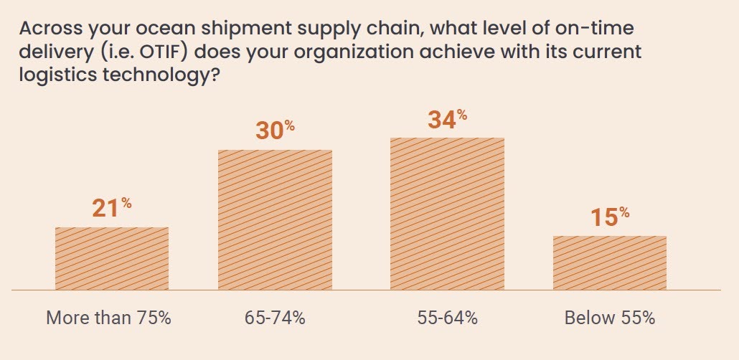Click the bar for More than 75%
112,259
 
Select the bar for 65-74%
275,220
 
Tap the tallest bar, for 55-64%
447,214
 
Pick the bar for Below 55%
609,263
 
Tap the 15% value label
609,217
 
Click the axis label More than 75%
108,318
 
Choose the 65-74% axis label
275,318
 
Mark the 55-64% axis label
447,318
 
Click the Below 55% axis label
609,318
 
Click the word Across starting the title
47,30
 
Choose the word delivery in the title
50,53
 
